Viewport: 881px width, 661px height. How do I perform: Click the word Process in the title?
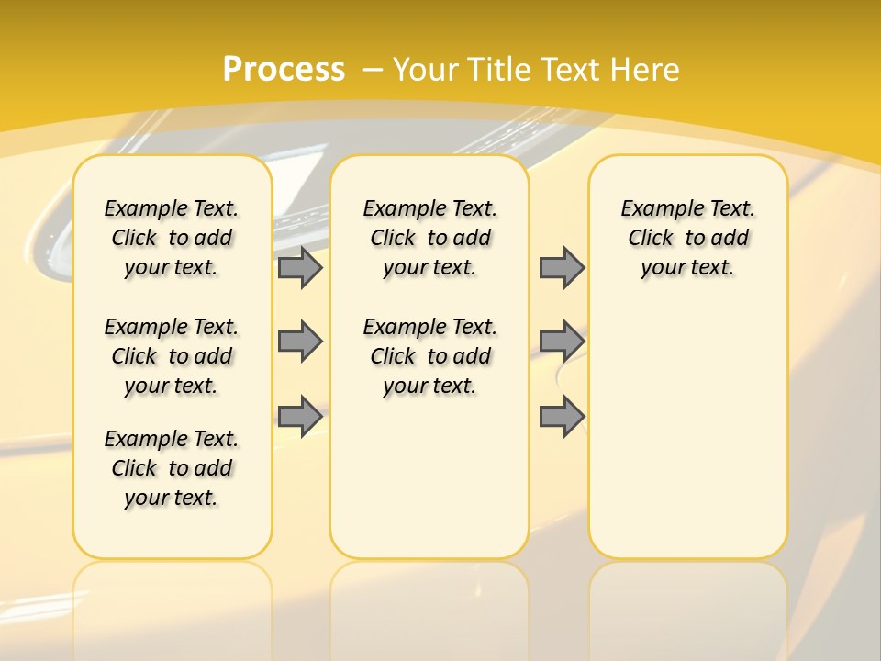(284, 70)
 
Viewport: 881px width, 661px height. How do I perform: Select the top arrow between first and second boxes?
(300, 267)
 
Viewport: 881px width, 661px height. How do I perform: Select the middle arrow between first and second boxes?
(300, 342)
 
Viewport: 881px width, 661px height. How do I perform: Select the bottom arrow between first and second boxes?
(300, 416)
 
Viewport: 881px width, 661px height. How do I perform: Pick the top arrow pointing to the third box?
(562, 267)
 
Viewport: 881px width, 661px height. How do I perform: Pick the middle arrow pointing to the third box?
(562, 342)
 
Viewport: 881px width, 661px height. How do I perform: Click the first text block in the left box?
(172, 238)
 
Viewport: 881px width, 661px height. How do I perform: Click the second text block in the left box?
(172, 356)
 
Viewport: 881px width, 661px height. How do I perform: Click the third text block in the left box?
(172, 468)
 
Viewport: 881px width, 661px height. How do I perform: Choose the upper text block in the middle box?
(429, 238)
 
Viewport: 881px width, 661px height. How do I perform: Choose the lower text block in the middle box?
(429, 356)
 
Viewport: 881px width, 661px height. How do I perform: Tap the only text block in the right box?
(687, 238)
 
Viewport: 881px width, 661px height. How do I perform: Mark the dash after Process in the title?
(374, 70)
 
